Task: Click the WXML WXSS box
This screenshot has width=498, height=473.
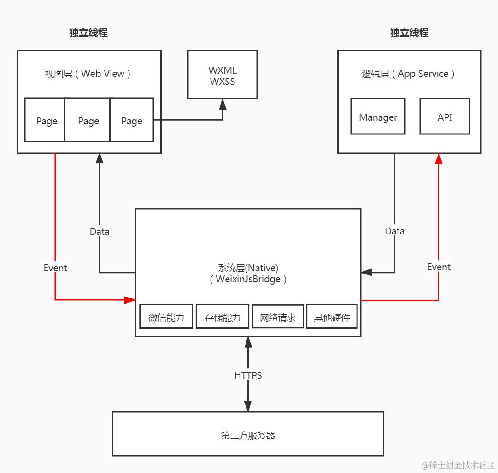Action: (223, 76)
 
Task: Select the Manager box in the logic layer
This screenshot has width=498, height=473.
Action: (378, 117)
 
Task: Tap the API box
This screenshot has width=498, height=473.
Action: (445, 117)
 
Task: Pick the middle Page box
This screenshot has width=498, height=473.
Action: (88, 121)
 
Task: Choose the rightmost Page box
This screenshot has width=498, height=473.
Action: (132, 121)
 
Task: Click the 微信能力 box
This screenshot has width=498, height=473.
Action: (166, 317)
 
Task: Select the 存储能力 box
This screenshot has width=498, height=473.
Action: (223, 317)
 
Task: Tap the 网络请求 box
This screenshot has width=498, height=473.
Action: (278, 317)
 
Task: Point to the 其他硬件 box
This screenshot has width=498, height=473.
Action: (332, 317)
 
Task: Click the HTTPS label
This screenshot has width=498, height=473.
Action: (248, 375)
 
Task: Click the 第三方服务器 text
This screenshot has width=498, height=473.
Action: (248, 435)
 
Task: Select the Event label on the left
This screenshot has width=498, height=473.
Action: (55, 268)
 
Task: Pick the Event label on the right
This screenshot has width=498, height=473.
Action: (439, 267)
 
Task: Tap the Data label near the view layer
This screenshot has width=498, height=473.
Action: (100, 231)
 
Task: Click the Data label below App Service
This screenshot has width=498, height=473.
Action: (394, 231)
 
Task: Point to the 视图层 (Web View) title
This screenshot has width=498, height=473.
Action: (88, 74)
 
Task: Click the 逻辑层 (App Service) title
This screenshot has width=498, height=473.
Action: (409, 74)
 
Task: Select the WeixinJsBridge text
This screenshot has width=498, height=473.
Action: (248, 279)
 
